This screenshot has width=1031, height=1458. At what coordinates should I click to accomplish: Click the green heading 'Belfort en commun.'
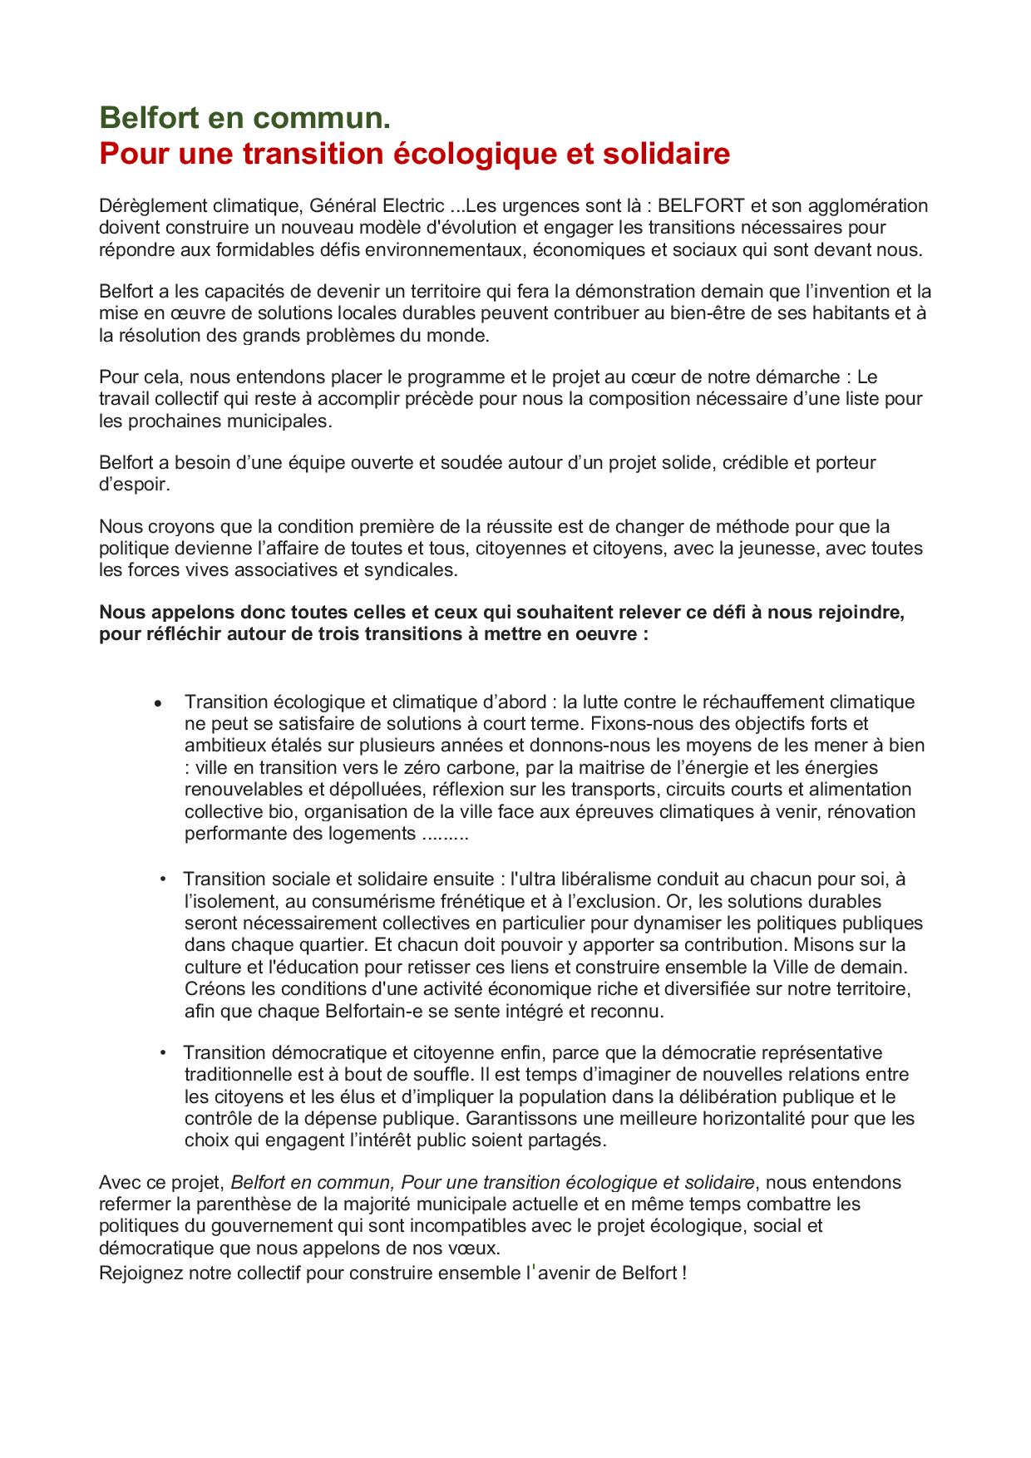click(244, 119)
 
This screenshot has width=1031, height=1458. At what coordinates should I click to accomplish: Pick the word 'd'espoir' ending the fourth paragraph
click(133, 484)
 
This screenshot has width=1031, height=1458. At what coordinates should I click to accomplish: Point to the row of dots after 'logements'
click(446, 833)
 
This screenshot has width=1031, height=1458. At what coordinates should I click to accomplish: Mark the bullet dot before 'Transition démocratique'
click(163, 1053)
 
